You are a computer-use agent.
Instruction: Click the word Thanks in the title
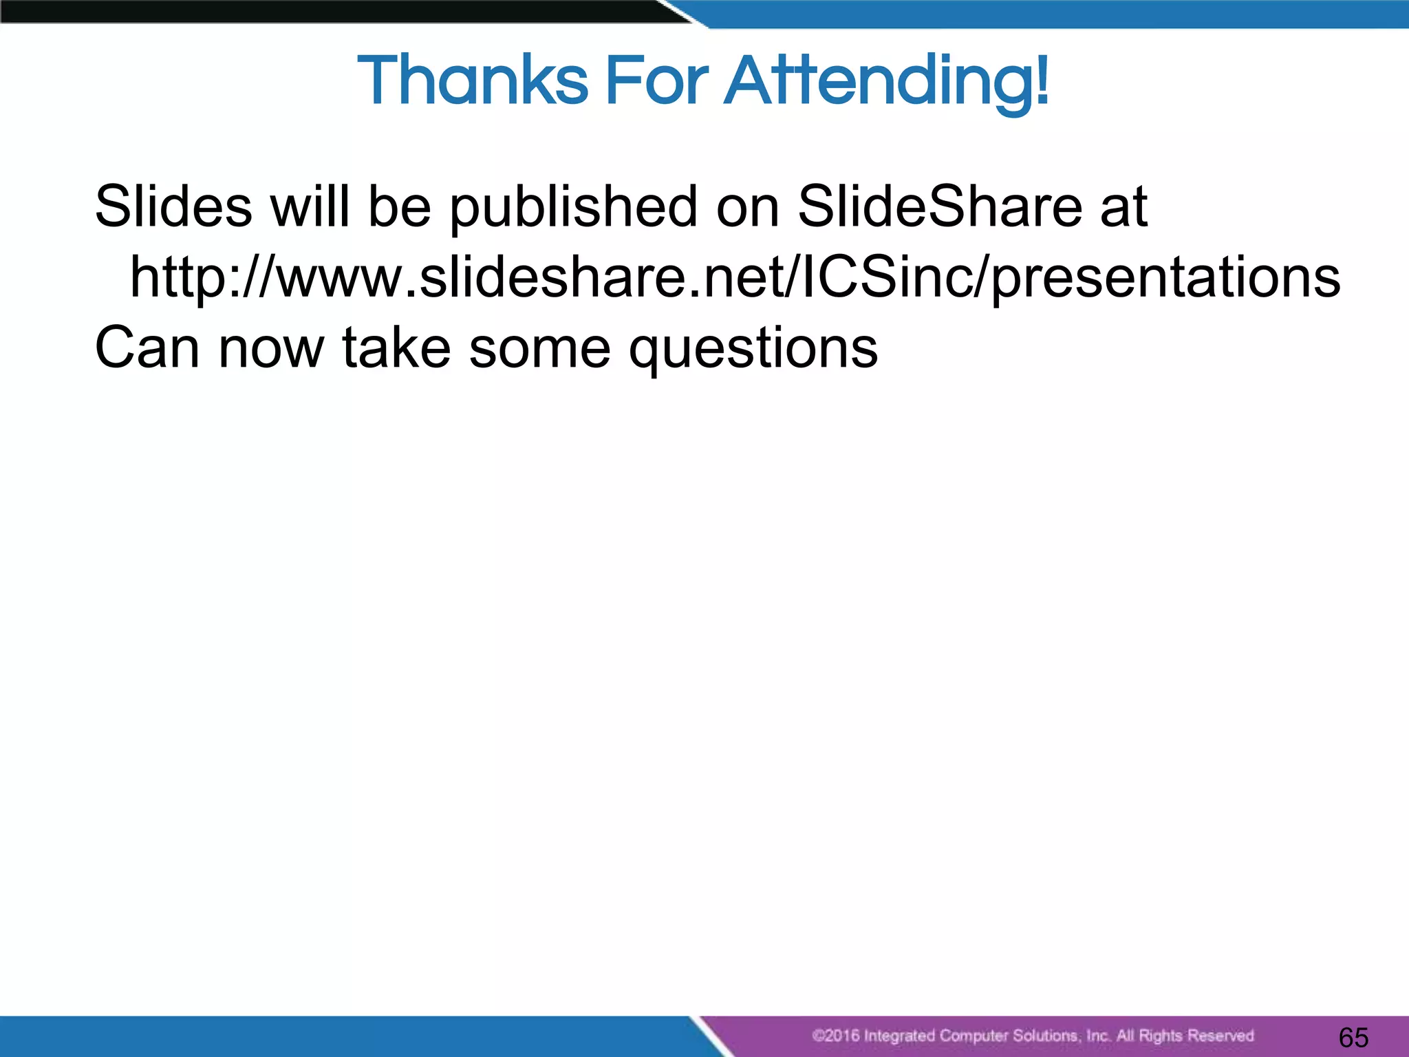(x=473, y=81)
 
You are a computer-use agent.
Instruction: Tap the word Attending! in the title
(x=888, y=83)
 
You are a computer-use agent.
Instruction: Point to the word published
(x=574, y=208)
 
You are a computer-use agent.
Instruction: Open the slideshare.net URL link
(x=735, y=277)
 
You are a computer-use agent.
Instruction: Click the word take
(x=396, y=348)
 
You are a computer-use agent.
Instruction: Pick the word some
(x=539, y=348)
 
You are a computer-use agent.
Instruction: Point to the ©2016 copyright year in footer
(x=835, y=1036)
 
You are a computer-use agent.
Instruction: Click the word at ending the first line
(x=1123, y=208)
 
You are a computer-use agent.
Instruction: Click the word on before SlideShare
(x=747, y=208)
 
